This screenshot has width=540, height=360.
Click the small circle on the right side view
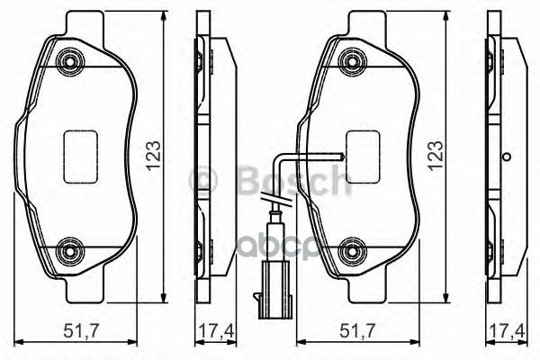click(506, 157)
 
